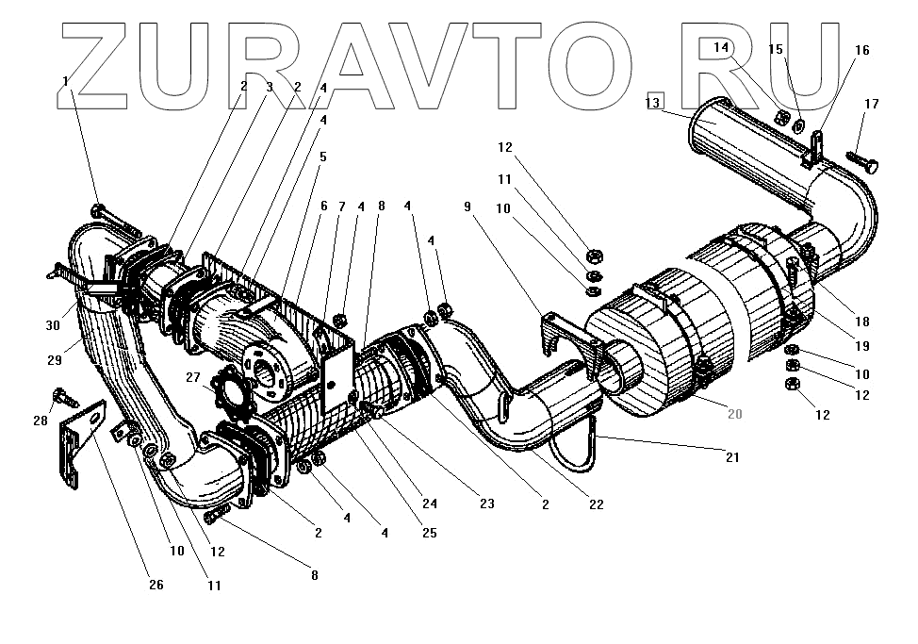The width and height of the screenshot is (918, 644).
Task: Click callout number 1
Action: pos(65,81)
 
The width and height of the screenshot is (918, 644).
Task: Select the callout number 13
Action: pos(653,103)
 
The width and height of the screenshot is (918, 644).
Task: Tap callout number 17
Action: pos(871,103)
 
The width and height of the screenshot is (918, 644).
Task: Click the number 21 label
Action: pos(732,457)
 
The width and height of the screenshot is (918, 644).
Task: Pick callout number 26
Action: pos(156,585)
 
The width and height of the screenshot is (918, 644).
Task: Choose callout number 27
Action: pos(193,377)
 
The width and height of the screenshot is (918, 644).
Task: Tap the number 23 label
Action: pos(486,504)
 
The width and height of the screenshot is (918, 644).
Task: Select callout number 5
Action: pos(322,156)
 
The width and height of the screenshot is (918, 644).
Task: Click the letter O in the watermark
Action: pos(612,61)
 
